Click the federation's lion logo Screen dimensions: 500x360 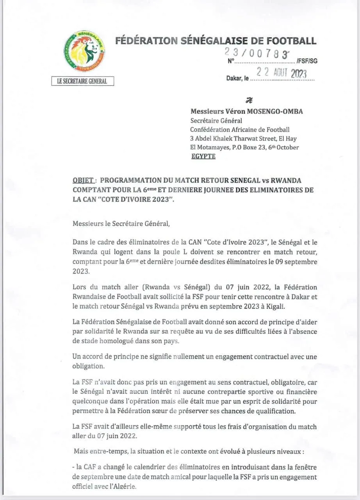click(84, 51)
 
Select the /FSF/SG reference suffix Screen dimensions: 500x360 click(307, 61)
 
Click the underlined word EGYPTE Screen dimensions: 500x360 click(203, 156)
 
